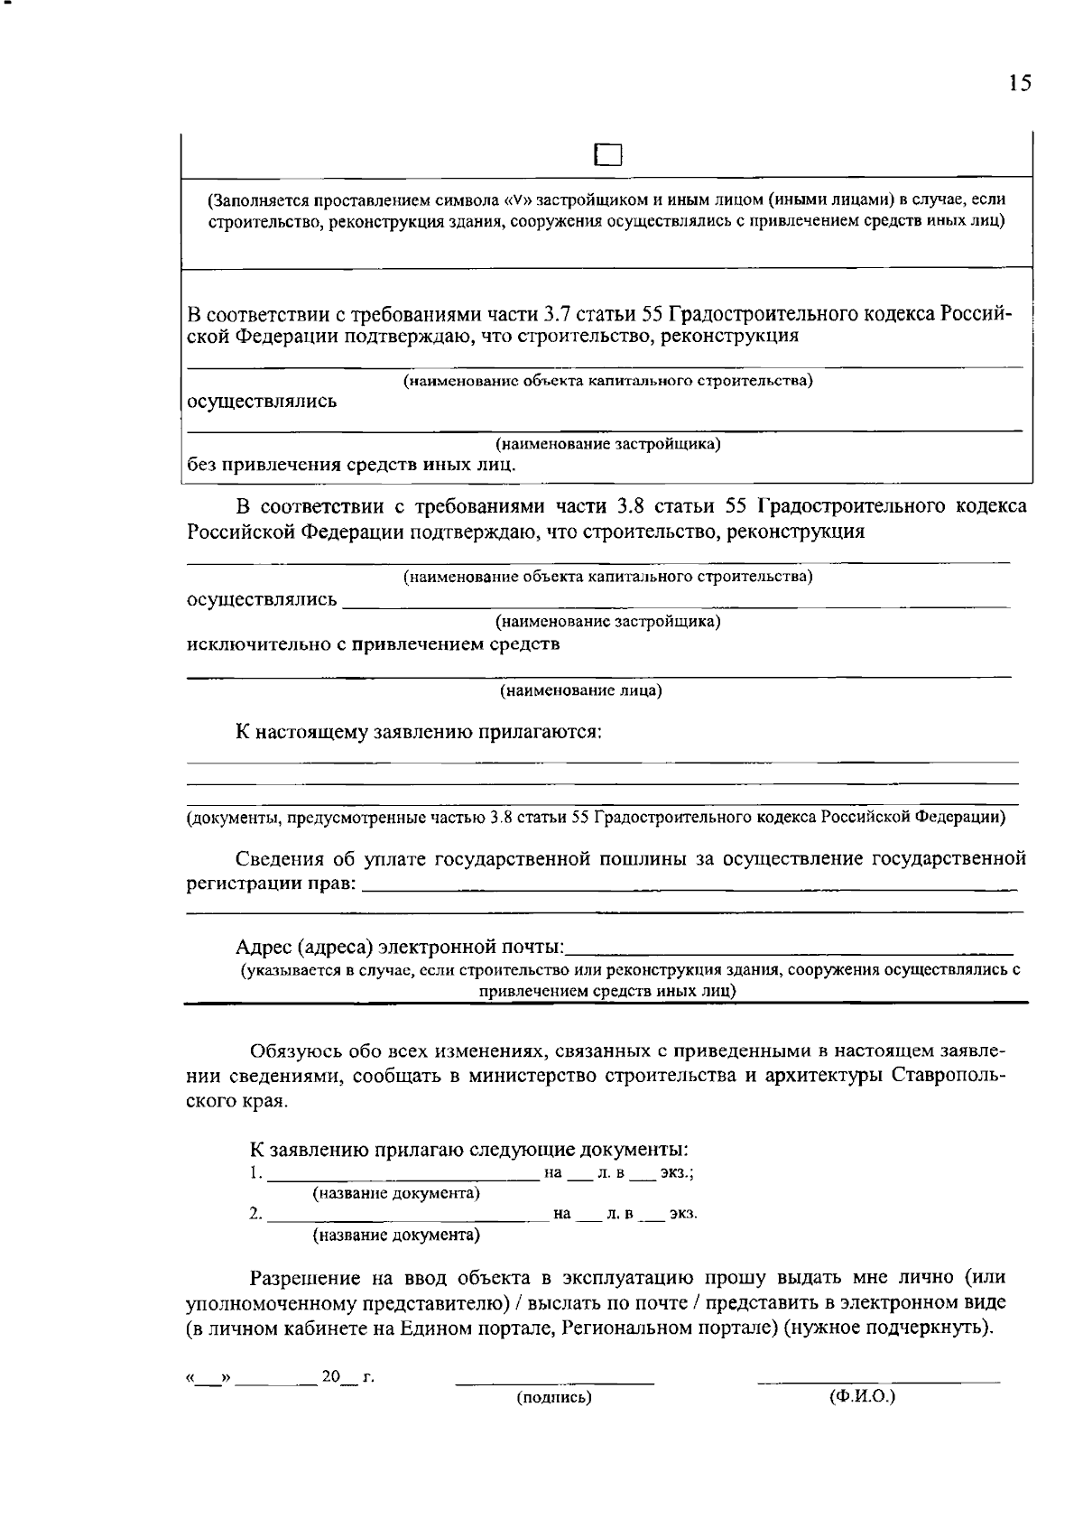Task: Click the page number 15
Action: coord(1019,84)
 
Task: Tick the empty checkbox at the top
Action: coord(608,156)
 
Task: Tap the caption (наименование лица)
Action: coord(581,691)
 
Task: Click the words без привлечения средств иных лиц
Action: coord(352,466)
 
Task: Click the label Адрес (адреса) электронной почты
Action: coord(400,948)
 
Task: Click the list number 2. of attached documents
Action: coord(256,1215)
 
